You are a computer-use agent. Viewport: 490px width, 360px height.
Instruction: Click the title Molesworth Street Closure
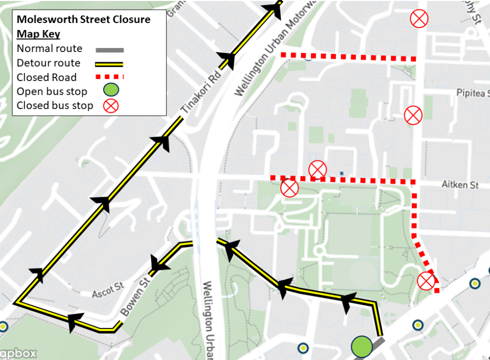point(83,20)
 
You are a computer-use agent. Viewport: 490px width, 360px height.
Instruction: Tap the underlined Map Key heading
point(38,34)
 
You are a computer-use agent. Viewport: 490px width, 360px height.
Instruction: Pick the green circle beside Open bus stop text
point(111,91)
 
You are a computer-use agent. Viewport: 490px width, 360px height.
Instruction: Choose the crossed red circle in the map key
point(111,106)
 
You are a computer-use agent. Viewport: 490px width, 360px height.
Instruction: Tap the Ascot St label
point(108,291)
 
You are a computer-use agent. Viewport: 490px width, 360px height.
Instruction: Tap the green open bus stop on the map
point(362,346)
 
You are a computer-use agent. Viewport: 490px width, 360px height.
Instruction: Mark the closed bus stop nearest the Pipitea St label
point(413,115)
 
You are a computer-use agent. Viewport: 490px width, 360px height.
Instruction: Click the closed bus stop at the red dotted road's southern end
point(426,280)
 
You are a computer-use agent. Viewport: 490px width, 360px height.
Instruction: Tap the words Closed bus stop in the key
point(55,106)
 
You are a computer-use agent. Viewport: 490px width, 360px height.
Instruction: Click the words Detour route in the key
point(48,63)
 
